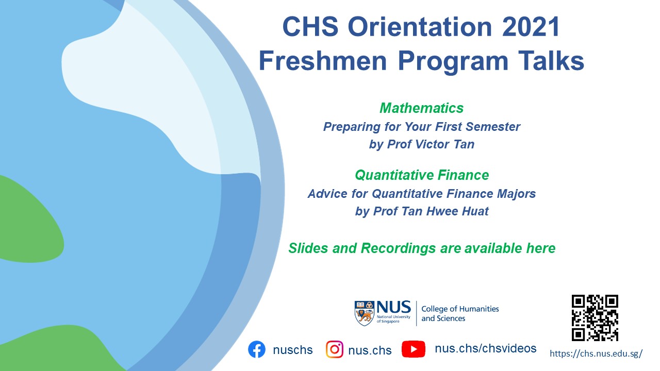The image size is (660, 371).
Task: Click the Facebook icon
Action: point(257,349)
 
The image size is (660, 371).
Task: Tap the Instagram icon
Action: point(335,349)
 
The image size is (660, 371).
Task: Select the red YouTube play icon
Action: point(414,349)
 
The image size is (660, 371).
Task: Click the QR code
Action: point(595,318)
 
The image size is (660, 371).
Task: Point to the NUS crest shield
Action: point(365,313)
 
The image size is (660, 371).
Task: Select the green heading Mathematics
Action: point(422,108)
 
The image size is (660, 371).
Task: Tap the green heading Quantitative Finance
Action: point(422,175)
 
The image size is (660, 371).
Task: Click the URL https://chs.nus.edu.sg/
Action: point(596,353)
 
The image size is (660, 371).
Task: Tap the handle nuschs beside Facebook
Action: point(292,350)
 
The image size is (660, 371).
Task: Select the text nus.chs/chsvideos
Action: point(486,349)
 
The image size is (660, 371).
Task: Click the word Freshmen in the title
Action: point(323,61)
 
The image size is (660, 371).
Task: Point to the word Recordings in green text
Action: point(399,248)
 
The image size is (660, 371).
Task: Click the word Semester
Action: point(493,127)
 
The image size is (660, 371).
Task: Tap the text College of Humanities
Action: point(460,309)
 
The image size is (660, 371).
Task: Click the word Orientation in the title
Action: point(420,27)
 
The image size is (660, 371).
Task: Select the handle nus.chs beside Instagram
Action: point(370,350)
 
